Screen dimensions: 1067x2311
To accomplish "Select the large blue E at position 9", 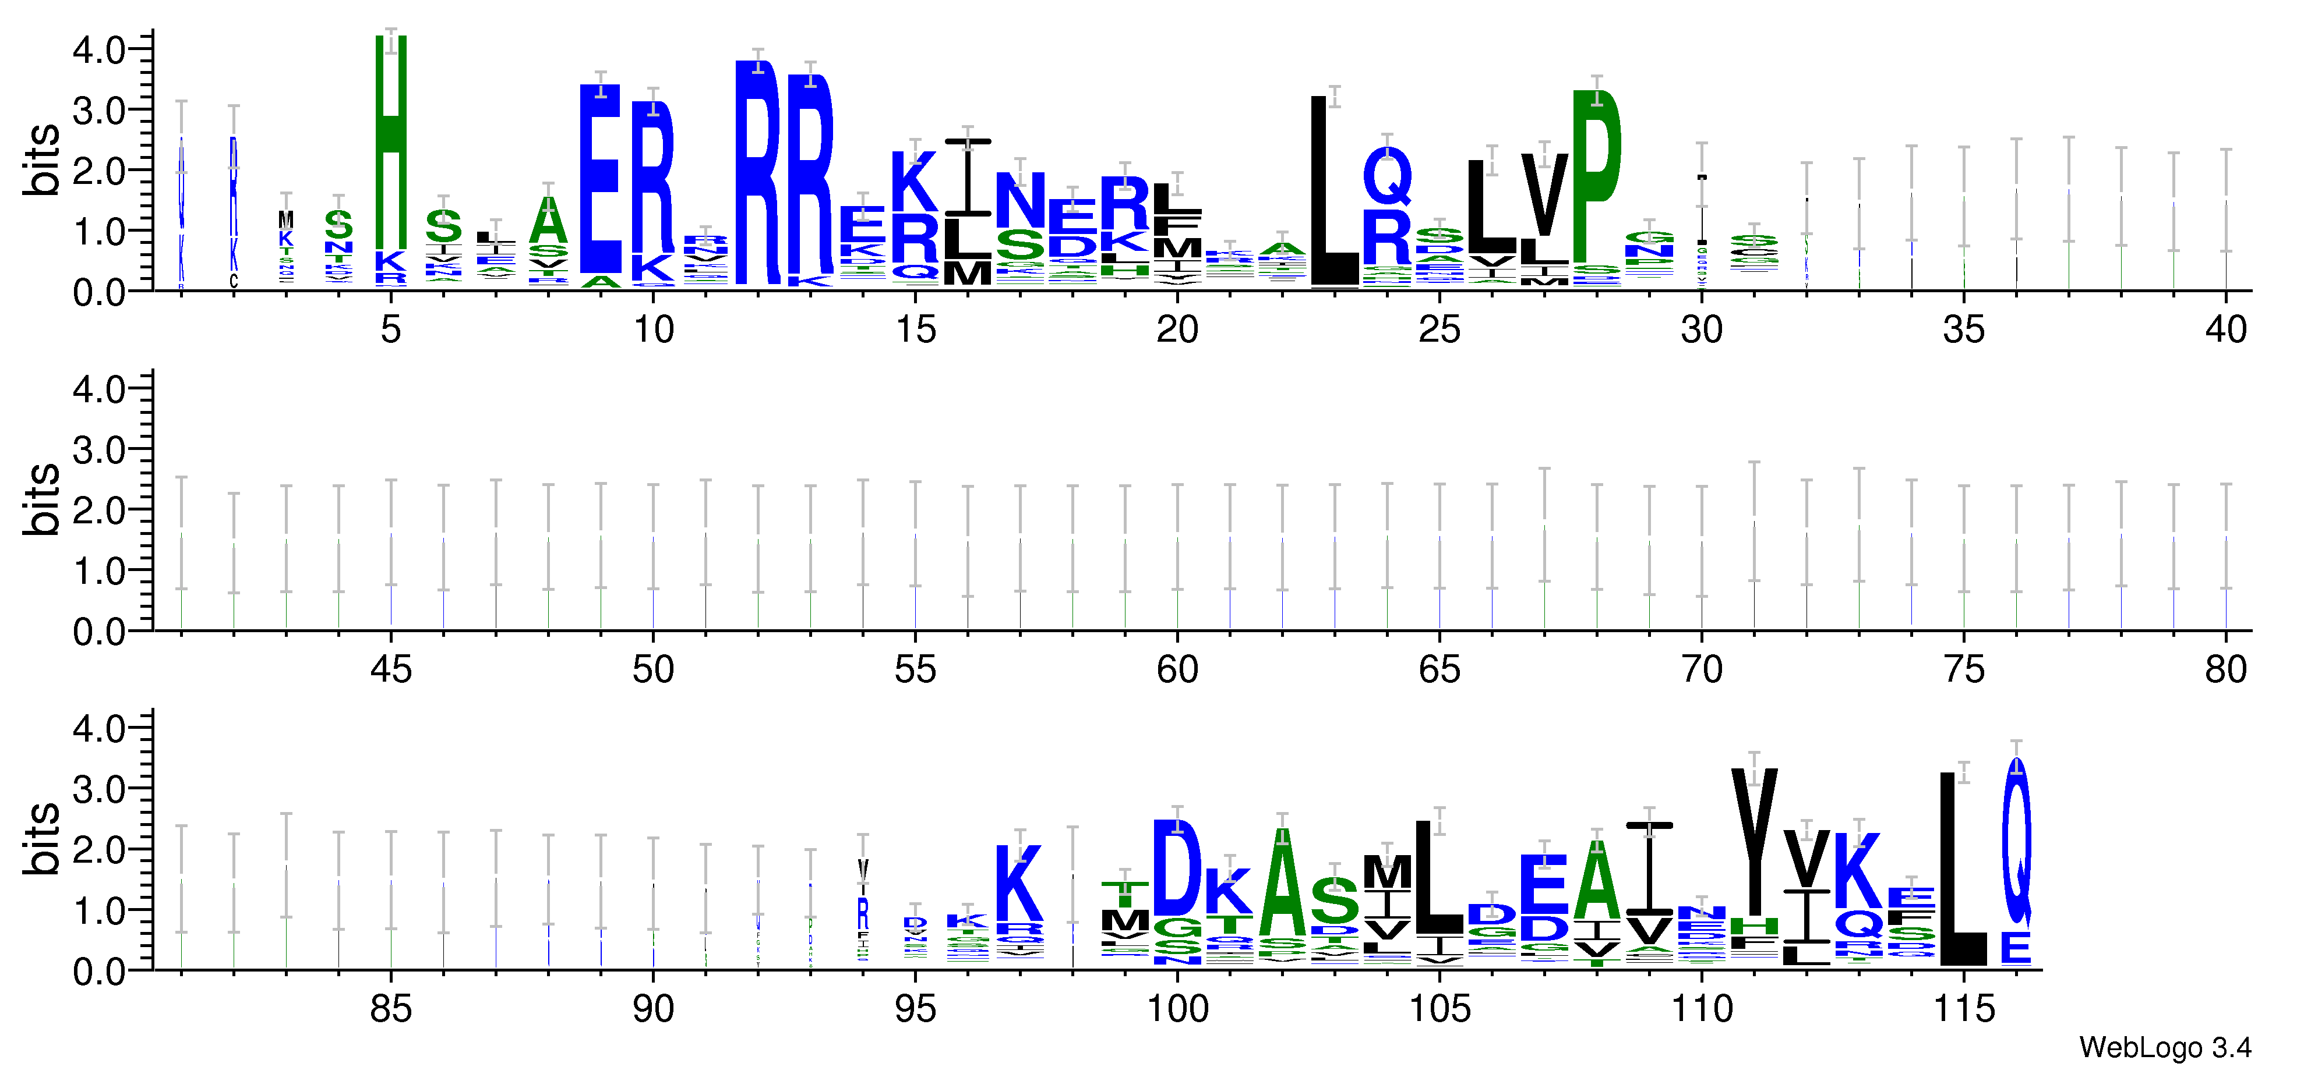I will click(600, 179).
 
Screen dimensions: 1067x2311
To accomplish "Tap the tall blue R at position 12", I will click(758, 171).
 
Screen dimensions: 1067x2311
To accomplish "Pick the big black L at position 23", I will click(1334, 193).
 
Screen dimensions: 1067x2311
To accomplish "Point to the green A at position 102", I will click(1282, 883).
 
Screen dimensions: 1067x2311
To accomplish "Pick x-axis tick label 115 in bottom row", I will click(1963, 1009).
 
